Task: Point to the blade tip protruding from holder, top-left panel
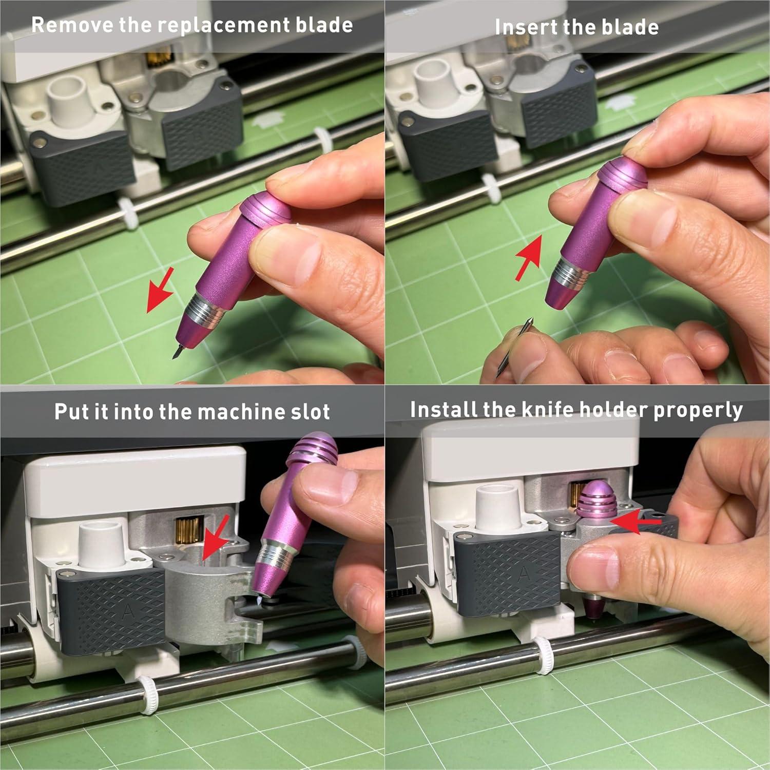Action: coord(179,351)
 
